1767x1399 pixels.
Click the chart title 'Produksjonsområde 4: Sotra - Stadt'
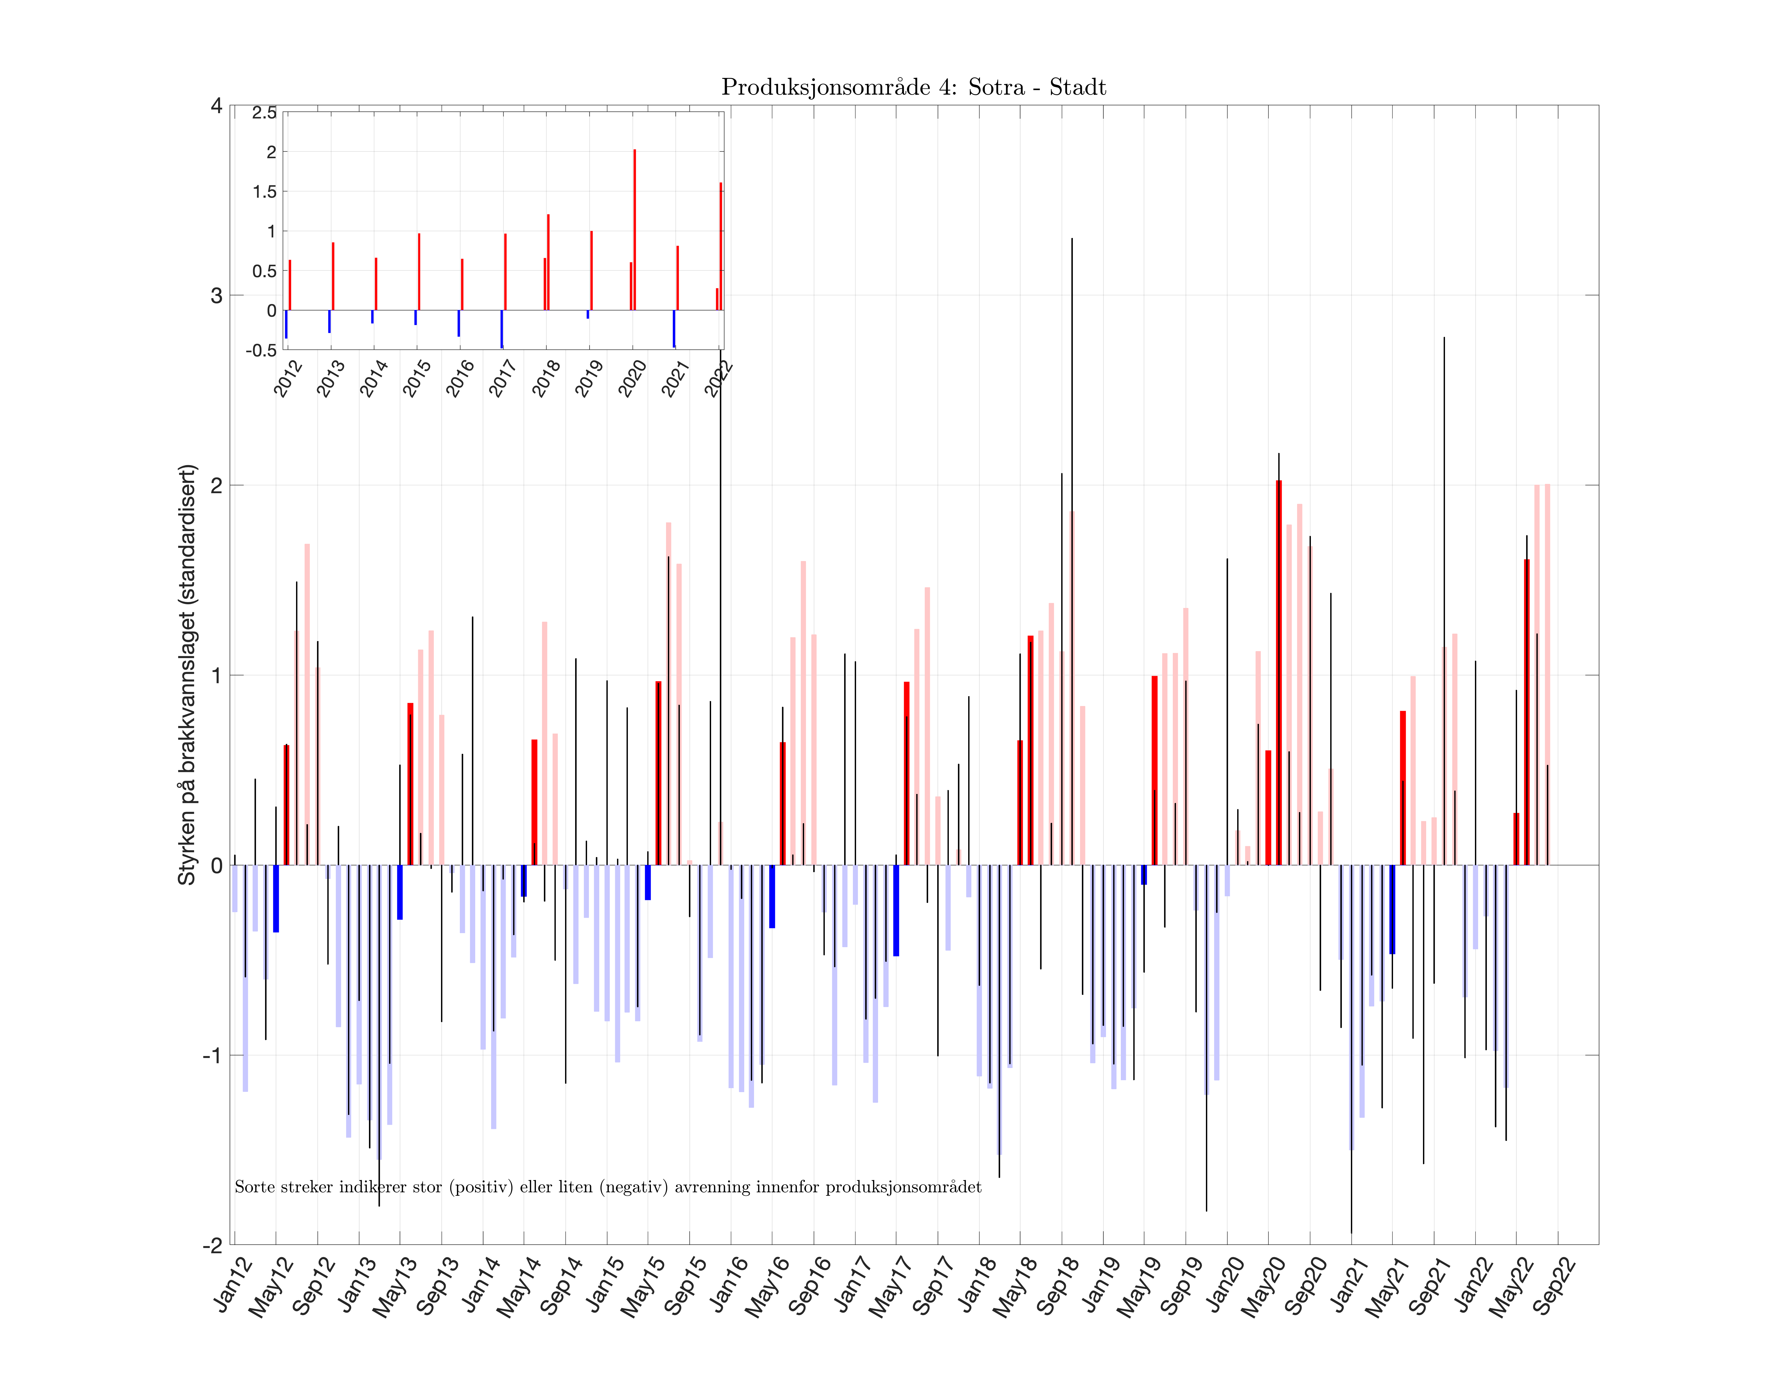[x=913, y=88]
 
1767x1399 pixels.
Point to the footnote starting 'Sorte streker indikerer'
[x=608, y=1187]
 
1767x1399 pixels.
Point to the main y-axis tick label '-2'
[x=212, y=1245]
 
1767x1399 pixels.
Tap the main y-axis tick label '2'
[x=216, y=485]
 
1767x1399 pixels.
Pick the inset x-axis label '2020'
[x=632, y=378]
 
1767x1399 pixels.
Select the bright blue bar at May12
[x=276, y=899]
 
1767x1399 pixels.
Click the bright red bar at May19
[x=1154, y=770]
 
